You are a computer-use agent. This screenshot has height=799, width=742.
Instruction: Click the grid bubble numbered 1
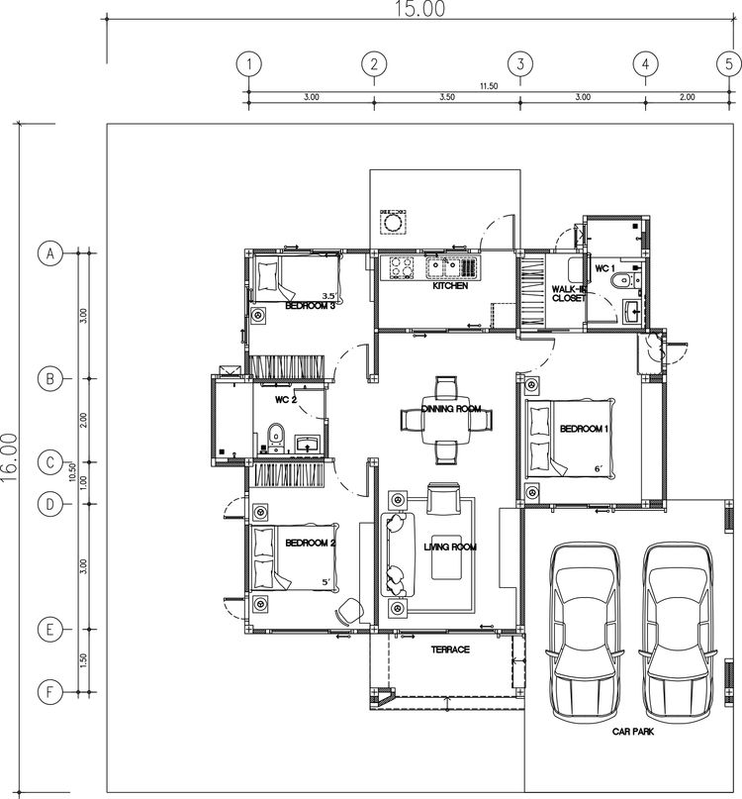click(x=249, y=64)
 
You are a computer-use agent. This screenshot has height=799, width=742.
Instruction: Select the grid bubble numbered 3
click(x=520, y=64)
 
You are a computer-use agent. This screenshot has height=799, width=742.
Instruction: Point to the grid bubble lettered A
click(x=49, y=254)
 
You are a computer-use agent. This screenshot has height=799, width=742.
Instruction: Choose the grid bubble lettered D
click(x=49, y=503)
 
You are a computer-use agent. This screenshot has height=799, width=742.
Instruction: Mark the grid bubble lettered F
click(x=49, y=692)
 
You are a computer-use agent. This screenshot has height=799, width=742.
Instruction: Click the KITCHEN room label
click(x=450, y=286)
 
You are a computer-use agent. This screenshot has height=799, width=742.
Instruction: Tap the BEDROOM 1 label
click(x=585, y=429)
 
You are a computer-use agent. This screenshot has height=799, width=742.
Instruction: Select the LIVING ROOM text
click(x=451, y=547)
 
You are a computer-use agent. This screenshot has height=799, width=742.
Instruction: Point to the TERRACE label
click(x=449, y=650)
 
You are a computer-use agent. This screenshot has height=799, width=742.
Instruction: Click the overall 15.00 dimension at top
click(x=420, y=9)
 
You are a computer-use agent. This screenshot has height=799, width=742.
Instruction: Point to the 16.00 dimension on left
click(x=10, y=457)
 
